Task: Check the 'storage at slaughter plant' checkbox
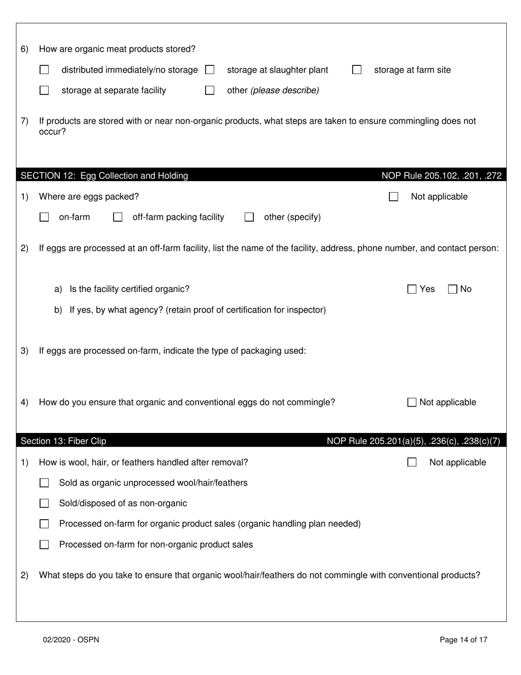point(209,70)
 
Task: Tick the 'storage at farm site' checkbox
point(357,70)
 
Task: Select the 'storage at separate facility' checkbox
point(44,91)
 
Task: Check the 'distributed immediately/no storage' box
point(44,70)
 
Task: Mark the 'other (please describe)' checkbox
point(209,91)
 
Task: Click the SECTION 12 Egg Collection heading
point(104,176)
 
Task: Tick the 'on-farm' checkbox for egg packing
point(44,217)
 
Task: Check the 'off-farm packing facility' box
point(117,217)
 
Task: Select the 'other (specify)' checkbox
point(249,217)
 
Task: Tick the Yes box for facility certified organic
point(412,289)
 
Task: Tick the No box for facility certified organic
point(453,289)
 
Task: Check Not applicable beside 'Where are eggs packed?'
point(393,197)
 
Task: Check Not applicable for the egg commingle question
point(412,402)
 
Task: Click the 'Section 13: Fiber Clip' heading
point(64,441)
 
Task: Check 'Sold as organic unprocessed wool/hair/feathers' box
point(44,483)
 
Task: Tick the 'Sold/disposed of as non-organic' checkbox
point(44,503)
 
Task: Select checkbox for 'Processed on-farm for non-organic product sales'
point(44,545)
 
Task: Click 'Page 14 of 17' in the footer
point(463,639)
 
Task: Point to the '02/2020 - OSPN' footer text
point(71,639)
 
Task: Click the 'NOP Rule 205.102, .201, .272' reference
point(441,176)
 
